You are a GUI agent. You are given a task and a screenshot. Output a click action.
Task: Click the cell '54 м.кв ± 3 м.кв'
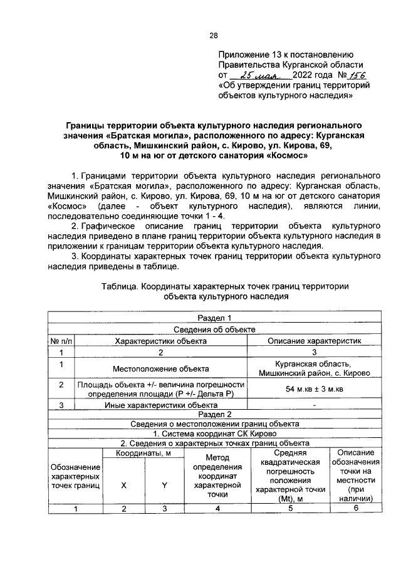[x=315, y=390]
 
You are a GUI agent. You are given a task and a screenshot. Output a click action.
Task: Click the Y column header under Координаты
[x=165, y=485]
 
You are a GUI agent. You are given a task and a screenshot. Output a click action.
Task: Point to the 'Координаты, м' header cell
[x=143, y=452]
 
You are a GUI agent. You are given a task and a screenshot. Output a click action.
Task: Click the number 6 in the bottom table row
[x=355, y=508]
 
